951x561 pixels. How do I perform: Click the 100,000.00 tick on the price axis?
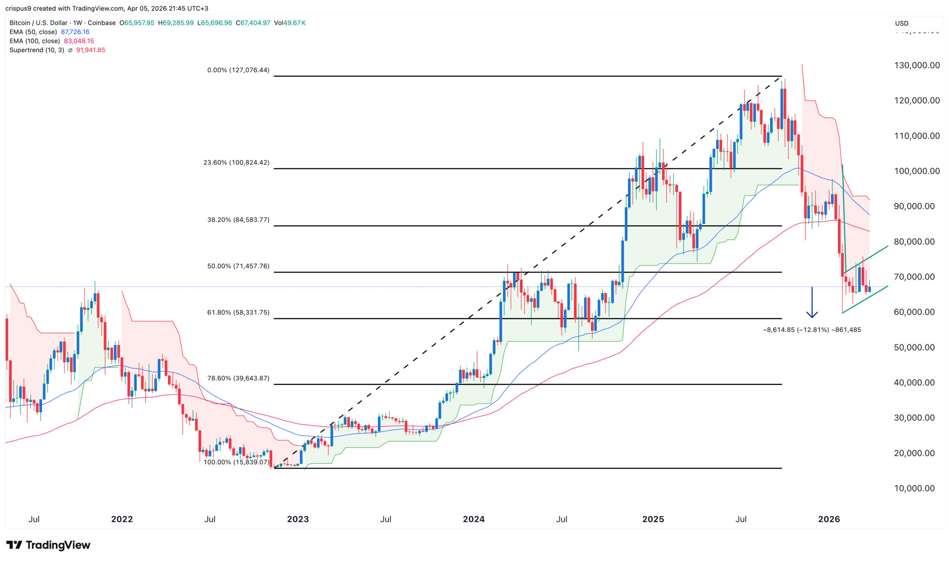point(917,171)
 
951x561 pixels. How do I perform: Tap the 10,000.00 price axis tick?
point(914,488)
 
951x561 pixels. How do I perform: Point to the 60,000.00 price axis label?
point(914,312)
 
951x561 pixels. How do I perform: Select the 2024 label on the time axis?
point(474,519)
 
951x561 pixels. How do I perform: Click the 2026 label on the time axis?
point(829,519)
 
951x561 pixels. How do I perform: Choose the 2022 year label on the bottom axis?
point(122,519)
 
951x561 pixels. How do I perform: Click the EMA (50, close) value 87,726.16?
point(75,32)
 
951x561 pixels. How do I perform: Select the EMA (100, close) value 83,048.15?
point(79,41)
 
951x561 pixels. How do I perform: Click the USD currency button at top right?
point(901,23)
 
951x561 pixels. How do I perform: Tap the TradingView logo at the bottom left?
point(48,545)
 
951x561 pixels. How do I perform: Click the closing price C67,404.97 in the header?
point(253,23)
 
